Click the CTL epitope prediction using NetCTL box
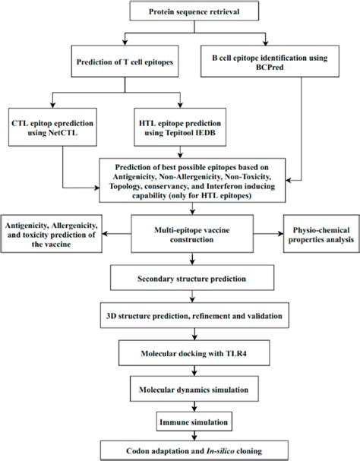point(52,130)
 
